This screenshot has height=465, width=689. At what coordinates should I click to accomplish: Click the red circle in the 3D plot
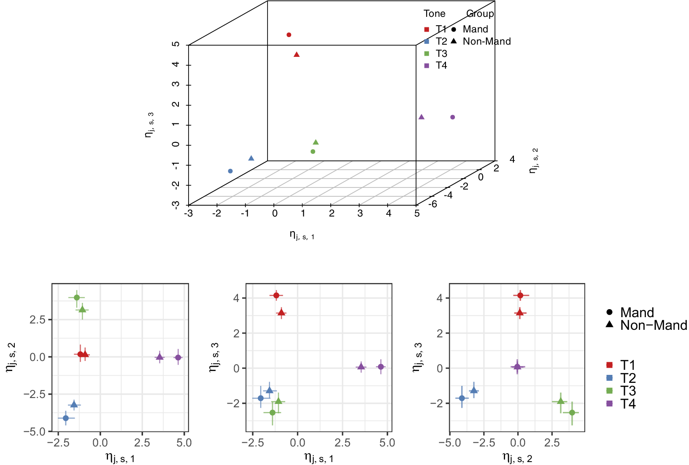pyautogui.click(x=289, y=35)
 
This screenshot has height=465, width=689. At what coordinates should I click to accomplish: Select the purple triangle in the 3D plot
pyautogui.click(x=422, y=117)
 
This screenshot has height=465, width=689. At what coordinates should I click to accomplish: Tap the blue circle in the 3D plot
pyautogui.click(x=230, y=171)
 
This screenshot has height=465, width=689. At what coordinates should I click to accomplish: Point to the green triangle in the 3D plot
pyautogui.click(x=316, y=142)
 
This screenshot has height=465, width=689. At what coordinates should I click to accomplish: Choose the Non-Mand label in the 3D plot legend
pyautogui.click(x=486, y=41)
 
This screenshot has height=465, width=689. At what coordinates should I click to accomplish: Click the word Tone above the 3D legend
pyautogui.click(x=434, y=13)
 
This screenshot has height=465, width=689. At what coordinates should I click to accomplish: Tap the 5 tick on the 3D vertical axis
pyautogui.click(x=176, y=44)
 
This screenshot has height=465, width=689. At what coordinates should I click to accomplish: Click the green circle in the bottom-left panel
pyautogui.click(x=77, y=297)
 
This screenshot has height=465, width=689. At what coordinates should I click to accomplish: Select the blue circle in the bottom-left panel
pyautogui.click(x=65, y=418)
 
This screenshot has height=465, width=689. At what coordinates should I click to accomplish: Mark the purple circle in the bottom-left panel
pyautogui.click(x=178, y=358)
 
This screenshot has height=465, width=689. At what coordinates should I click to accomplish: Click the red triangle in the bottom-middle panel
pyautogui.click(x=281, y=313)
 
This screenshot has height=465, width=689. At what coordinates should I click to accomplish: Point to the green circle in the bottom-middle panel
pyautogui.click(x=273, y=412)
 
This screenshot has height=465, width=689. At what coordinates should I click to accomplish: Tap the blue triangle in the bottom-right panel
pyautogui.click(x=474, y=390)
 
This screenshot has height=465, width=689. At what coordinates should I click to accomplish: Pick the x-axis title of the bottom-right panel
pyautogui.click(x=517, y=457)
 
